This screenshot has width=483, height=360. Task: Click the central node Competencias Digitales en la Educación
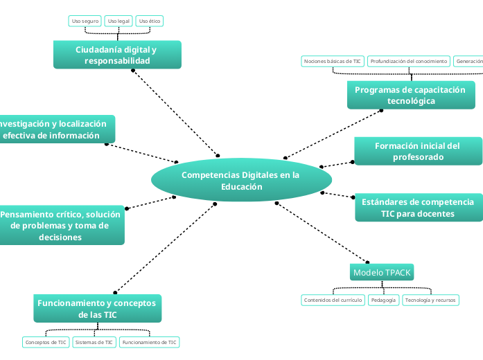tap(240, 181)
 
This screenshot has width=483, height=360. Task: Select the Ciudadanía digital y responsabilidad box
tap(117, 55)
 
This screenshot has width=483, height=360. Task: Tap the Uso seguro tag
tap(85, 21)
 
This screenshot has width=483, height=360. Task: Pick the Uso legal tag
tap(118, 21)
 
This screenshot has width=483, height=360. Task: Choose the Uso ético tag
tap(150, 21)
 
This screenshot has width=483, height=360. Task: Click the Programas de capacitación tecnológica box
tap(411, 96)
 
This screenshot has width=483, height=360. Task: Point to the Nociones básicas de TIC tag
tap(333, 62)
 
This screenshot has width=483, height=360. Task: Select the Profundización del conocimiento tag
tap(408, 62)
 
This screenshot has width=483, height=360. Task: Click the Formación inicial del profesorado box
tap(417, 152)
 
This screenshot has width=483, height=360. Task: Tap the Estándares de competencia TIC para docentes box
tap(417, 208)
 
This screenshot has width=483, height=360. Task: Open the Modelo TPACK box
tap(382, 273)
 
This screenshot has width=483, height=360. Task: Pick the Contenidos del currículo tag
tap(333, 300)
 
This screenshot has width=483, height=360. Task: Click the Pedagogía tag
tap(383, 300)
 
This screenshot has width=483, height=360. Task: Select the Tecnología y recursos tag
tap(430, 300)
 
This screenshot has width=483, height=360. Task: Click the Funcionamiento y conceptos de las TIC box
tap(98, 309)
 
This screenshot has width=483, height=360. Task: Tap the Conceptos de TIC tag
tap(46, 342)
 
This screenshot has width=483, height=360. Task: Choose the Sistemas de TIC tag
tap(94, 342)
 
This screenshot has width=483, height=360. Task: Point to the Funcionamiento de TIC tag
tap(149, 342)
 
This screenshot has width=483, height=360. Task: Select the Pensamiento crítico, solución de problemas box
tap(61, 226)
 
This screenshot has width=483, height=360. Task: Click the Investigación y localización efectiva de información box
tap(55, 129)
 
